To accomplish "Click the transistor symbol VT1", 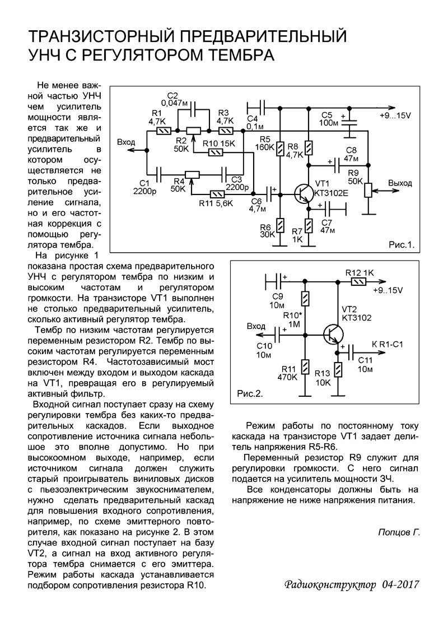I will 304,193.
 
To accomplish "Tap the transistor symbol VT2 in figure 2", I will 334,335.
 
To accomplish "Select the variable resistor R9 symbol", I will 368,189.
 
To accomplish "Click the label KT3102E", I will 332,193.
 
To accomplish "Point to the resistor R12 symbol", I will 356,282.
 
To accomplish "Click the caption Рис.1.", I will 400,245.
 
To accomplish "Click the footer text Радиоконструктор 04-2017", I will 352,585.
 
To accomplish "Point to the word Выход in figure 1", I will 400,183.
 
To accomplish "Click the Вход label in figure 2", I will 256,326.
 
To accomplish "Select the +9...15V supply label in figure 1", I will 394,116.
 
